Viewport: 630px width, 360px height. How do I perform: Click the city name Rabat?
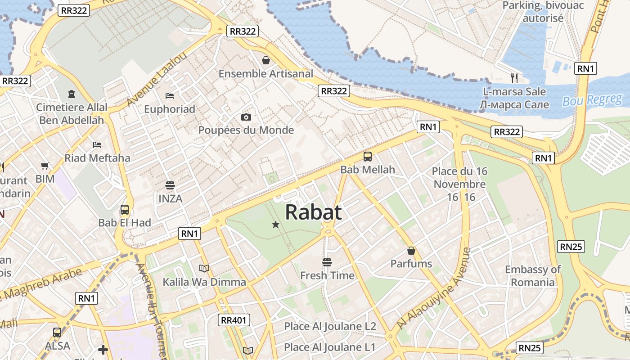313,212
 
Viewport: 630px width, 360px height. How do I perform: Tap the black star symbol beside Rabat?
276,225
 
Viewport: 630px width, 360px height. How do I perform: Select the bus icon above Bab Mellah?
368,157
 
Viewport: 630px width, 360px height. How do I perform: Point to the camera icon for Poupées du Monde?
246,117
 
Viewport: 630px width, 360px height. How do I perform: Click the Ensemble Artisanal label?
265,73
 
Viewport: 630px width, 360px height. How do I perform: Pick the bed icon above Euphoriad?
170,95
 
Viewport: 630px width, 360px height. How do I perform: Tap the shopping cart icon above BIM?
45,166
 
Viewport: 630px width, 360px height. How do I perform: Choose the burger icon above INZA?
170,185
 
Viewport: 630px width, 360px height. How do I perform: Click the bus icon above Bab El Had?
125,210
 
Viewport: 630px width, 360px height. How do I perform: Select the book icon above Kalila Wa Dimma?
204,269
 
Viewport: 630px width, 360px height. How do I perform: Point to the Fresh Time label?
327,275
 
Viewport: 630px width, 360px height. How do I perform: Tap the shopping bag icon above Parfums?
411,251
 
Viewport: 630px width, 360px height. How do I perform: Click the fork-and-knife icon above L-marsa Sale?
514,78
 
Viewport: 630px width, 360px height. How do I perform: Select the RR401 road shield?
234,320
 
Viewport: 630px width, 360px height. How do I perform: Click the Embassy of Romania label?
533,276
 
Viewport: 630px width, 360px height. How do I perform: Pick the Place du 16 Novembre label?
459,184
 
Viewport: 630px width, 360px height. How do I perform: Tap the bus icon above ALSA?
57,333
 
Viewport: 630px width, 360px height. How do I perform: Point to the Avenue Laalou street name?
156,80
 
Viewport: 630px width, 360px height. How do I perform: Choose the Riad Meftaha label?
97,158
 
